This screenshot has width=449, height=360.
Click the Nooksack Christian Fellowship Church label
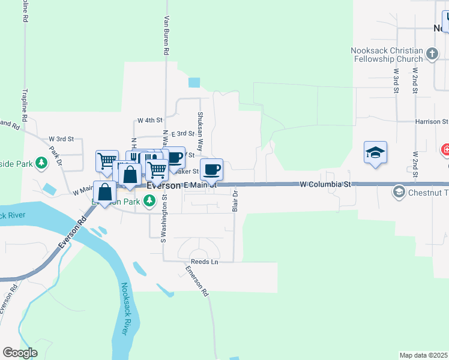tap(389, 55)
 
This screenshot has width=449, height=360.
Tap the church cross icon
tap(432, 55)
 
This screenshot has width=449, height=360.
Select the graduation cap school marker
tap(375, 153)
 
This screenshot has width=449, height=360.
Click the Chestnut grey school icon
tap(397, 192)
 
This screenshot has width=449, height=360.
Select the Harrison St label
tap(432, 121)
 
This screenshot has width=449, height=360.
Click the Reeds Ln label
tap(204, 262)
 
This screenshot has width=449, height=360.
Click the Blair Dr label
tap(235, 202)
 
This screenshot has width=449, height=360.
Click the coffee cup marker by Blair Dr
tap(211, 170)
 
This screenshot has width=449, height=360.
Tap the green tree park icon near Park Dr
tap(41, 163)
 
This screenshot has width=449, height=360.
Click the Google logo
tap(20, 353)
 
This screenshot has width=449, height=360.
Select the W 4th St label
tap(149, 120)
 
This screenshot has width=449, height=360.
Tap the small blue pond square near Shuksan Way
tap(194, 82)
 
